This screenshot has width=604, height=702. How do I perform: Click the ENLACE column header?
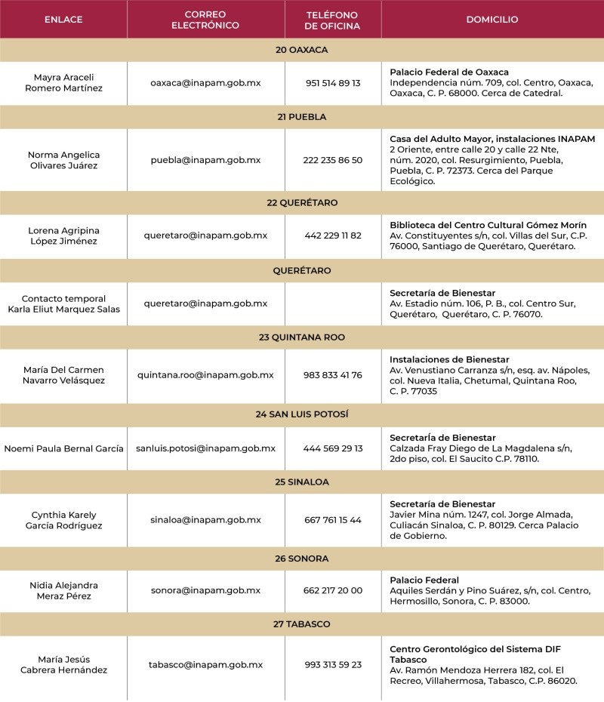click(63, 20)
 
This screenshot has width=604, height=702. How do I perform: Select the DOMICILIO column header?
click(492, 20)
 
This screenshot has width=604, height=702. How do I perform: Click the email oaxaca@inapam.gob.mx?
click(205, 83)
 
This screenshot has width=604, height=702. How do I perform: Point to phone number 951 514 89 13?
click(332, 83)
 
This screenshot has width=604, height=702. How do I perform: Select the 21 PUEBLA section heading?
click(302, 117)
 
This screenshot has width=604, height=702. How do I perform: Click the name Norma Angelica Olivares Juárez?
click(63, 160)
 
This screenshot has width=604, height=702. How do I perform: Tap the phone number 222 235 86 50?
click(332, 160)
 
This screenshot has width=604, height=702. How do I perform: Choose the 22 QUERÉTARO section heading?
click(302, 203)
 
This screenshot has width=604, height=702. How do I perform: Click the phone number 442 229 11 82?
click(332, 236)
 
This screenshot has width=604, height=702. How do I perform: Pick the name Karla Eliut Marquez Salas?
click(63, 309)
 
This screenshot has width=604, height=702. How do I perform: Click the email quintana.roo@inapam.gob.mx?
click(205, 375)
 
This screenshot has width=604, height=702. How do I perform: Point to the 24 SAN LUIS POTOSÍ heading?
click(302, 414)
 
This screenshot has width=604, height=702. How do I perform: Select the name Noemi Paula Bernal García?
click(63, 448)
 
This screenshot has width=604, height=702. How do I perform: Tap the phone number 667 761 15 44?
click(332, 520)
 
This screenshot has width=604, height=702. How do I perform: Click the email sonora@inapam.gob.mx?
click(205, 590)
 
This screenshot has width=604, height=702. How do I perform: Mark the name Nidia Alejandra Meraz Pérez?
click(63, 590)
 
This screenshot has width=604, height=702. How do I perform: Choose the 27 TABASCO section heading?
click(302, 624)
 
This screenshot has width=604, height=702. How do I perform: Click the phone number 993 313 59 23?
click(332, 664)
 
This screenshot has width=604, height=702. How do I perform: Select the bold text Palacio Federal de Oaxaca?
click(449, 72)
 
